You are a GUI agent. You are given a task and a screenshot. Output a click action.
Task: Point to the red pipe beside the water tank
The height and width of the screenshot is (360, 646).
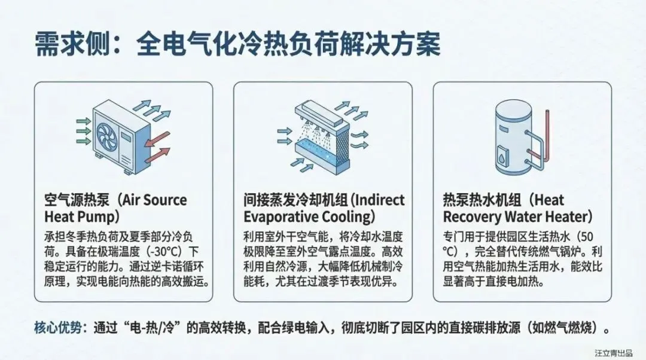click(545, 135)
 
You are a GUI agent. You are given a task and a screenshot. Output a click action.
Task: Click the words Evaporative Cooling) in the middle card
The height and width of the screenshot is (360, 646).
click(309, 216)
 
